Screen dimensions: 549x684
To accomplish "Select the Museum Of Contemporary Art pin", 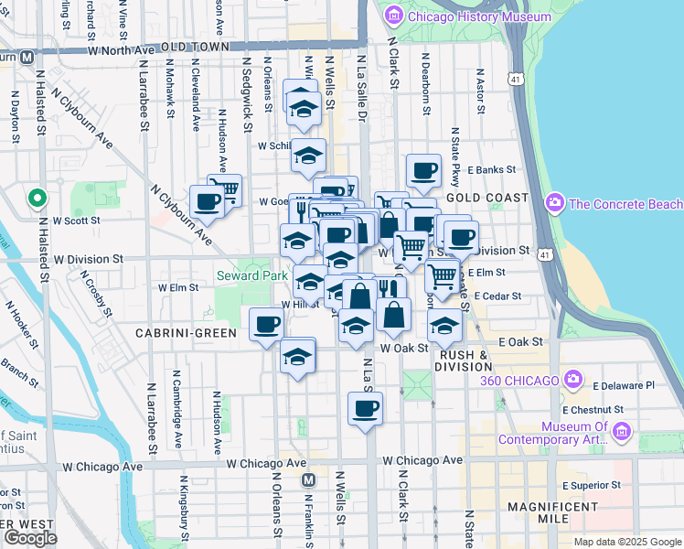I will click(x=623, y=431).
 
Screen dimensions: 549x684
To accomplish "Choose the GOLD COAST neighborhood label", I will click(x=487, y=198).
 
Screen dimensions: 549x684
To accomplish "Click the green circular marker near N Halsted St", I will click(x=37, y=198).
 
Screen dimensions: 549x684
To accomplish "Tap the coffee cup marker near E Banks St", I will click(x=423, y=170).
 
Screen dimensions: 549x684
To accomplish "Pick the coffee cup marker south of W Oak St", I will click(x=365, y=408).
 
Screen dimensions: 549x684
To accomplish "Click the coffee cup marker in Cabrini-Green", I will click(x=267, y=325).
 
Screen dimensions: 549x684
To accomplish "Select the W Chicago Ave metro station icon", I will click(x=309, y=479).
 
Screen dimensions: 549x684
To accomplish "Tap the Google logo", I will click(x=30, y=537).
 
